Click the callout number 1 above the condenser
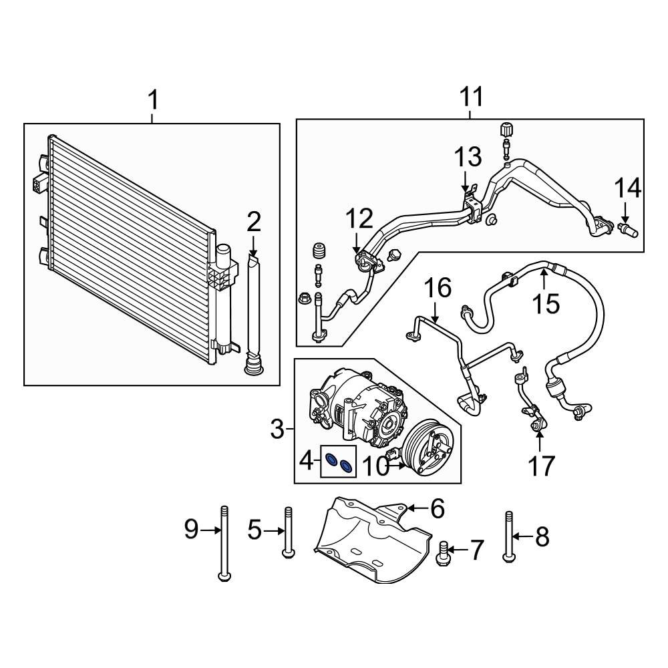click(153, 102)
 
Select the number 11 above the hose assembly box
click(471, 98)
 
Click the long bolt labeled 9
click(223, 541)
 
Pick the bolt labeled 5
click(288, 532)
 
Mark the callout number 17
click(541, 466)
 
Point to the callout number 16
click(438, 289)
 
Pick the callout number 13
click(468, 158)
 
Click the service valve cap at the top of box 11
click(506, 129)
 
